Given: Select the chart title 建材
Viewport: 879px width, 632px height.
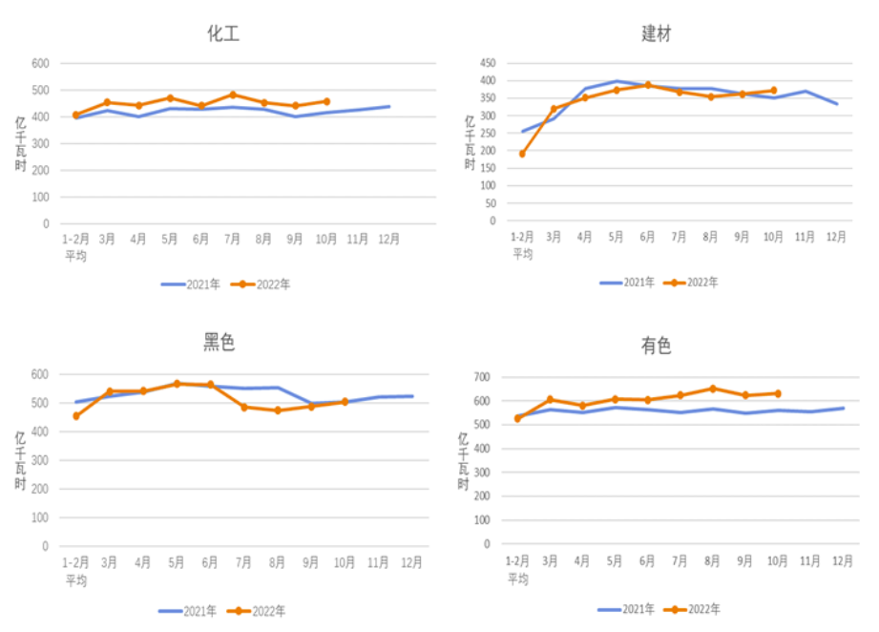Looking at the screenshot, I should (x=656, y=34).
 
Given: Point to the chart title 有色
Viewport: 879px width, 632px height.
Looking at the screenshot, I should (x=656, y=346).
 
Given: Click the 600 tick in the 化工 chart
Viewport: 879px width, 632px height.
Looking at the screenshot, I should (x=40, y=64).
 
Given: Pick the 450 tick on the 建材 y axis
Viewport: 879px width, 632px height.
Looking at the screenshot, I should (x=487, y=64).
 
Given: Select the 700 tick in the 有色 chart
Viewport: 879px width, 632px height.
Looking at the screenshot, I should (x=481, y=377).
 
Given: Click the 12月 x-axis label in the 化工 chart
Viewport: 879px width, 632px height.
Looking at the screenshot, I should (x=388, y=240).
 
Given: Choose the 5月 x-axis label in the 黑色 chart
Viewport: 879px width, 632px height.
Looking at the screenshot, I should (x=176, y=562).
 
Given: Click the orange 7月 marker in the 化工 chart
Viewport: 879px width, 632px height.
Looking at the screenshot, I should (x=233, y=95).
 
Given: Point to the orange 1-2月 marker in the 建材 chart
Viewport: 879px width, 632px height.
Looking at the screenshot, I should (x=522, y=154).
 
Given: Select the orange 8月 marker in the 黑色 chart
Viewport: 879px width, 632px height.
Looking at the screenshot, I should (x=278, y=411).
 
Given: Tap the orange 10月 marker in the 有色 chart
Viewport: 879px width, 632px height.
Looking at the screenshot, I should (x=777, y=393).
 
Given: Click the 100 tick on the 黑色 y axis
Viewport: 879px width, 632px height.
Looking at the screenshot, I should (x=40, y=517).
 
